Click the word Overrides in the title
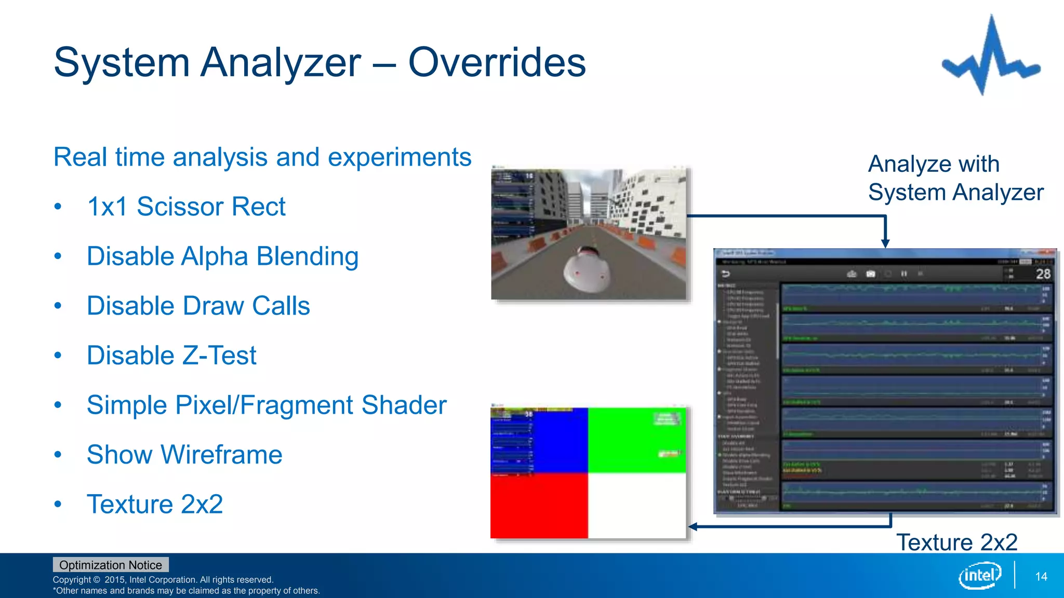(497, 63)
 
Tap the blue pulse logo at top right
(991, 57)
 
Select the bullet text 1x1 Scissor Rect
(186, 207)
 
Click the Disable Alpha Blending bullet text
(222, 256)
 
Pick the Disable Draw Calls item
(198, 306)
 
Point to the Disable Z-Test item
(171, 356)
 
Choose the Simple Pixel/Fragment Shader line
(266, 405)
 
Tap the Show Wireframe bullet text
(184, 455)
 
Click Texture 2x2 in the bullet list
(155, 504)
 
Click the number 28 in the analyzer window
(1043, 274)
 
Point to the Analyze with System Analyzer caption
(955, 178)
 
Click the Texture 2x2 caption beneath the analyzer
(956, 542)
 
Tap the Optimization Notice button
(111, 565)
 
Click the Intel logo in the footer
(979, 575)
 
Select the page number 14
(1041, 576)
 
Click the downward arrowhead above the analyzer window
(885, 243)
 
